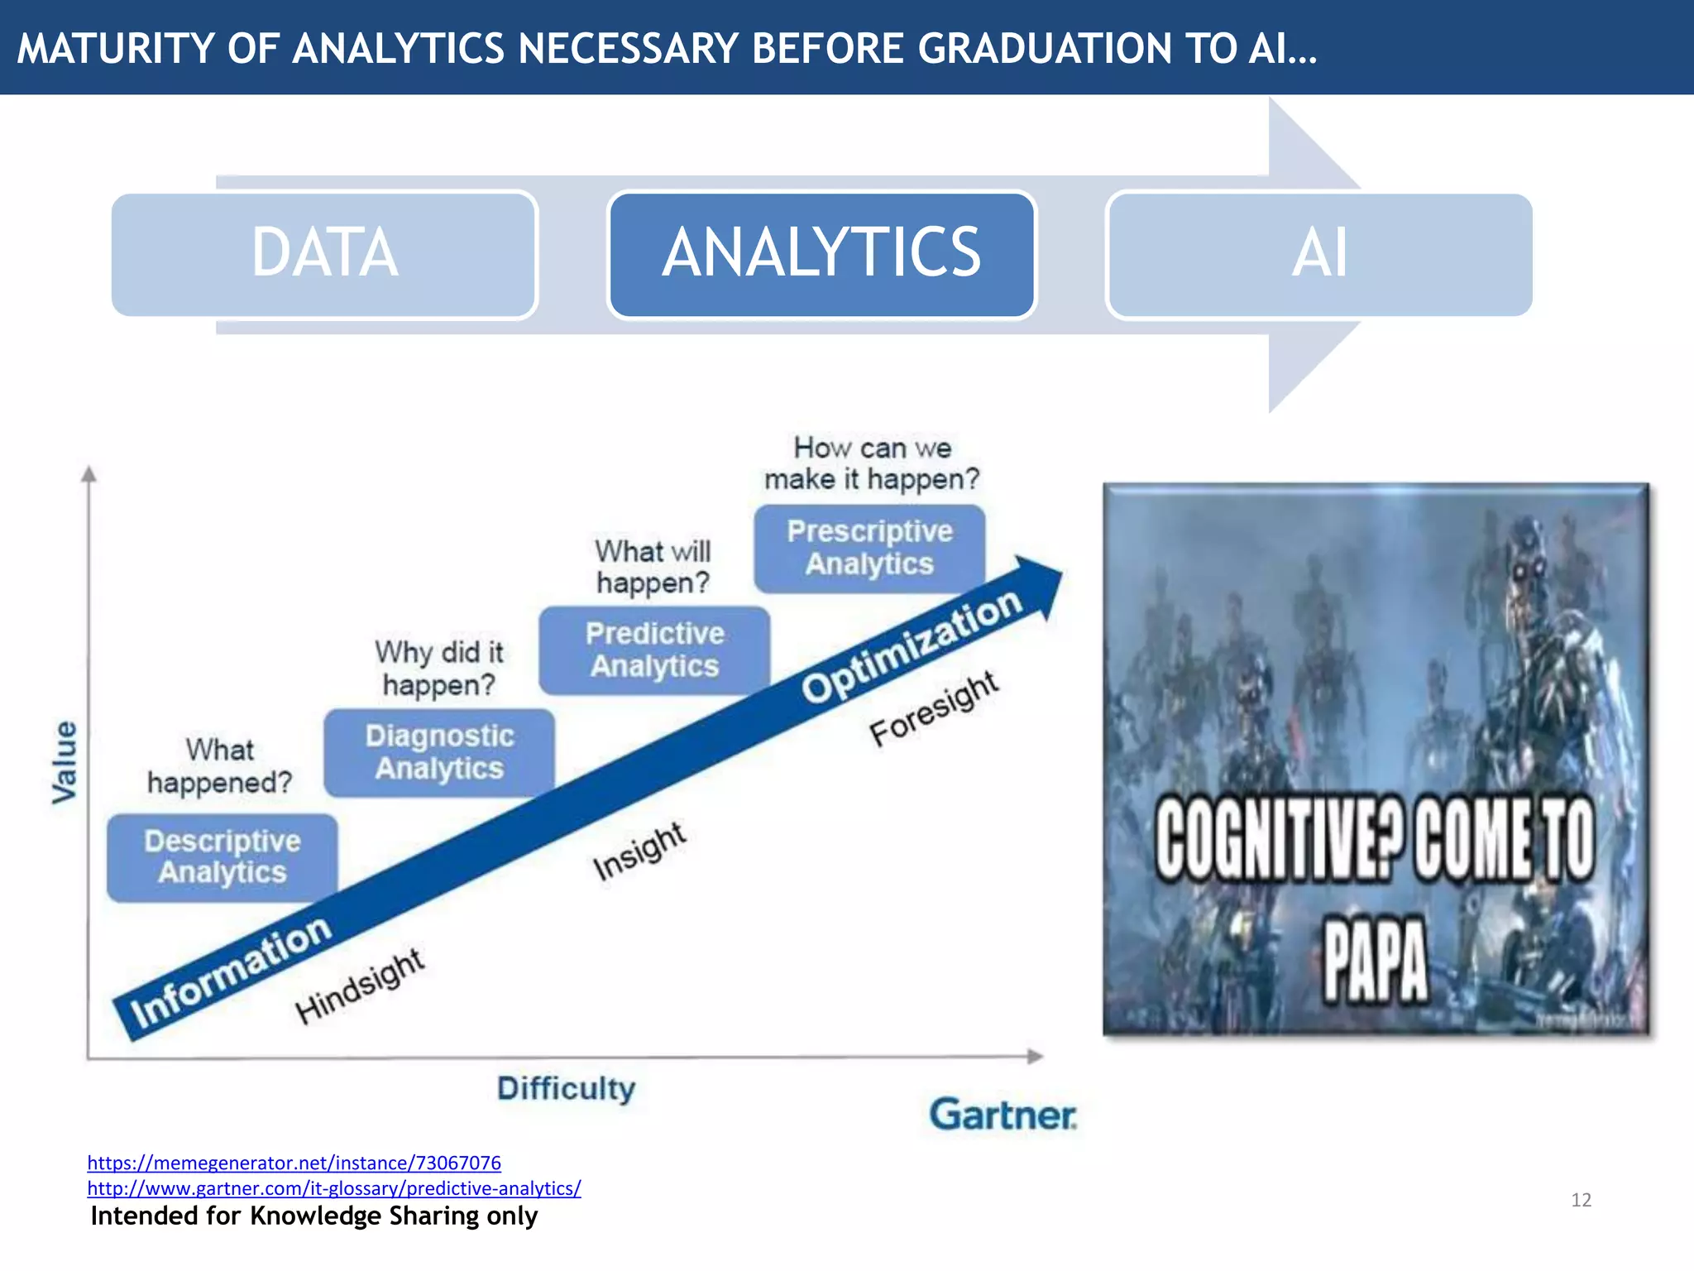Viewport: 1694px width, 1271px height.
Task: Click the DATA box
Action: (324, 254)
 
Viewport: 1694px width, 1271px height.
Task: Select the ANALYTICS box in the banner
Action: (821, 254)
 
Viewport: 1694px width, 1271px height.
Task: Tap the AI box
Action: (1319, 254)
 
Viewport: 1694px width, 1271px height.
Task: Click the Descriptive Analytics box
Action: (222, 857)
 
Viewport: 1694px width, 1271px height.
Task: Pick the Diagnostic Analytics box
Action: (439, 752)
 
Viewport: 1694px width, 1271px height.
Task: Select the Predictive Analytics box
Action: (654, 650)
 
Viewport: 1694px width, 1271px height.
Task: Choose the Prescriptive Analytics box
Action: (869, 548)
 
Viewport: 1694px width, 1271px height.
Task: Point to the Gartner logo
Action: (1003, 1115)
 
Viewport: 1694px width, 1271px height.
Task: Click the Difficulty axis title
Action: (566, 1088)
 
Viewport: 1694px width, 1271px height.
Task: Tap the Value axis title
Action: (65, 762)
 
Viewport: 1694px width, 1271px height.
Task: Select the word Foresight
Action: (934, 708)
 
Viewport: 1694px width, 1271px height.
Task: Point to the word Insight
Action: (639, 851)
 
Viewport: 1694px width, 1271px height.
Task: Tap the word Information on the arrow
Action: (231, 972)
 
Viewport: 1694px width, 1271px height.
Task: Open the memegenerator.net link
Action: (294, 1163)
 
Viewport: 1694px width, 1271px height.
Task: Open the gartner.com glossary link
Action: (333, 1188)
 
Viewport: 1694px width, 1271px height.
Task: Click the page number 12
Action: (1581, 1200)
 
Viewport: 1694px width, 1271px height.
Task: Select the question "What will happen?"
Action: (653, 567)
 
